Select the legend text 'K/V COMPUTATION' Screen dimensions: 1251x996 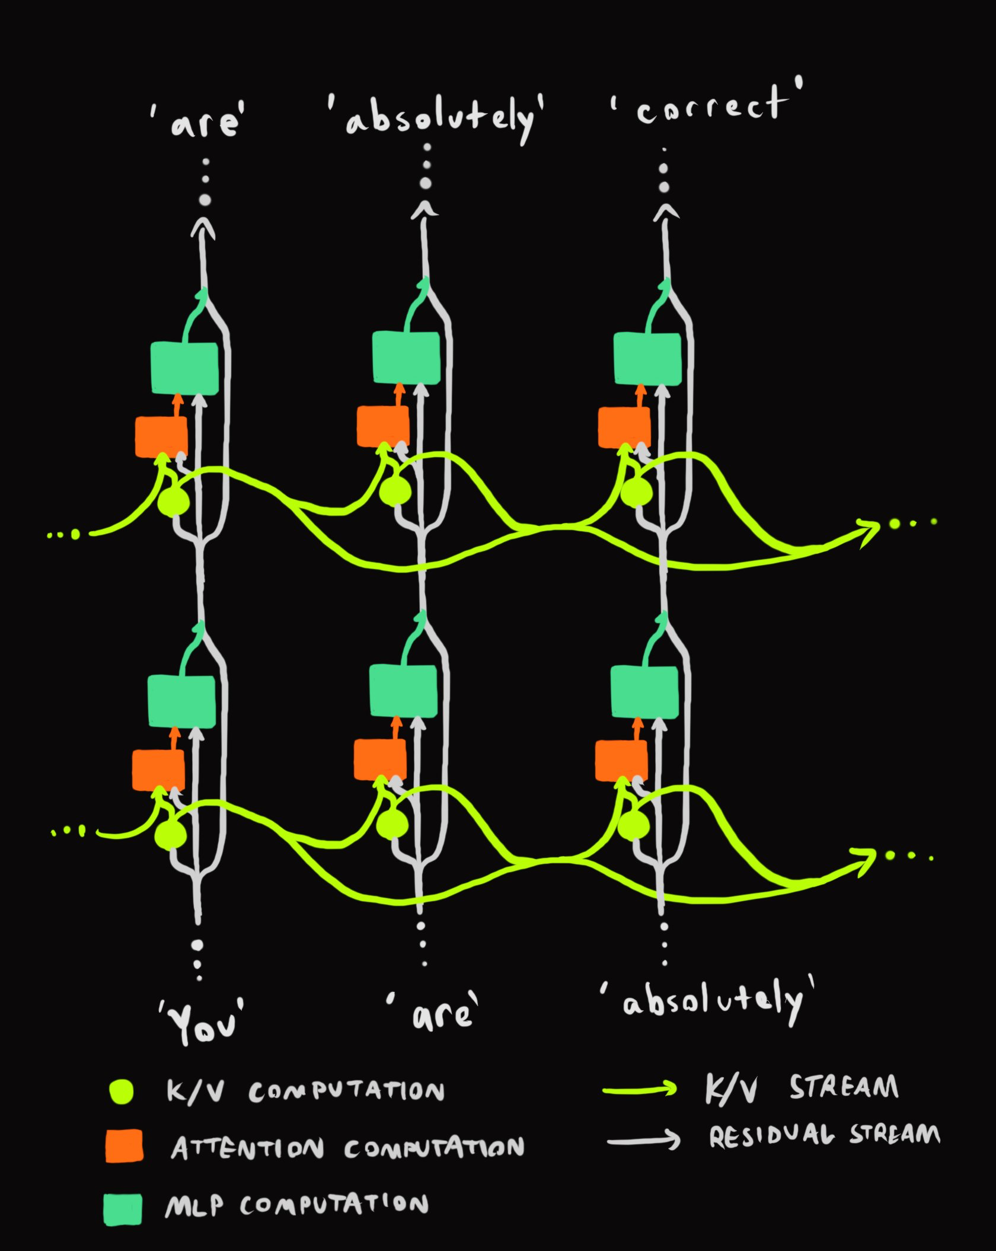point(305,1092)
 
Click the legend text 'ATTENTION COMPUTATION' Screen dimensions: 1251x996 point(347,1148)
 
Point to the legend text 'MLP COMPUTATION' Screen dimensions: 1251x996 point(296,1205)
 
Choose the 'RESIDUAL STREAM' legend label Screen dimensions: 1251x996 point(824,1135)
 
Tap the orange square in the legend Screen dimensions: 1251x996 point(124,1145)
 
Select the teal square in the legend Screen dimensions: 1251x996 point(123,1208)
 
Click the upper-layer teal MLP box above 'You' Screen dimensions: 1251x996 point(184,368)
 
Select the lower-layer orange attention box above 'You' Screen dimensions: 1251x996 point(158,770)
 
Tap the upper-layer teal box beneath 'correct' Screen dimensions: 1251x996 point(647,359)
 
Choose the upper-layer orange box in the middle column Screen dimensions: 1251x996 point(382,426)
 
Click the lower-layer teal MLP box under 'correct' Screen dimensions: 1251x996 point(644,692)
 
